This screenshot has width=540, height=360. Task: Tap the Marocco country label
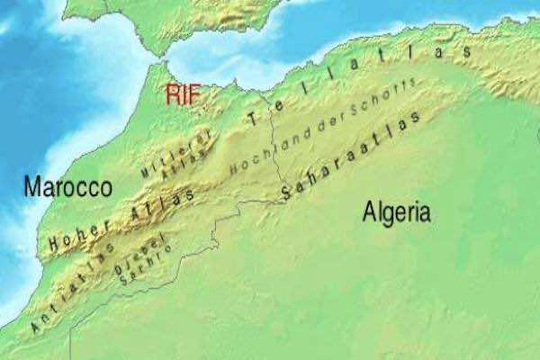tap(67, 188)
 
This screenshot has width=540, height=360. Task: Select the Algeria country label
tap(396, 212)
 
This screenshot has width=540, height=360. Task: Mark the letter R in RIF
tap(170, 94)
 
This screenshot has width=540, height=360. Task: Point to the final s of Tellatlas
tap(466, 53)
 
